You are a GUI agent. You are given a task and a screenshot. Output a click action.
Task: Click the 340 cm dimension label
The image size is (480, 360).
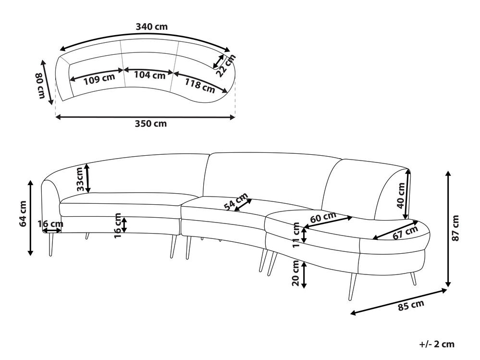(151, 27)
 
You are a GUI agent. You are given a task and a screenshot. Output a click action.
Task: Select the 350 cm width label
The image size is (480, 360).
(150, 124)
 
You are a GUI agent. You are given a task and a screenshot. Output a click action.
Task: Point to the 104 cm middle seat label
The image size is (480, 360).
(149, 75)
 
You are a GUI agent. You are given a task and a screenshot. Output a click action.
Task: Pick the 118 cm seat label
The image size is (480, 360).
(200, 85)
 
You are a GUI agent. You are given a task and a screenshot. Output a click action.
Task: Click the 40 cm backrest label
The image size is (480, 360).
(400, 196)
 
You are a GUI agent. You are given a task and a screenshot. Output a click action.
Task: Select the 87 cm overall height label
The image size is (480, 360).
(456, 228)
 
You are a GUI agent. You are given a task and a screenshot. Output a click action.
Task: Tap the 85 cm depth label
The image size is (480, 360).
(411, 305)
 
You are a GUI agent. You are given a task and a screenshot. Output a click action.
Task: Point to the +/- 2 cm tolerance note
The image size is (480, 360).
(436, 344)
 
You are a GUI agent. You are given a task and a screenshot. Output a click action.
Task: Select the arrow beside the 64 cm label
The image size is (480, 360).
(31, 217)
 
